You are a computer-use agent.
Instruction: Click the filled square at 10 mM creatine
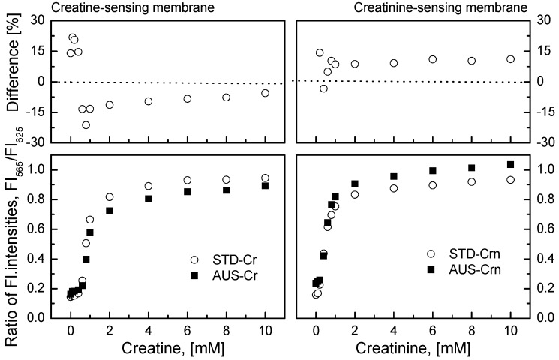[265, 186]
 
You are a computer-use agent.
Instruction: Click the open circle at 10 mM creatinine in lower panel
[510, 180]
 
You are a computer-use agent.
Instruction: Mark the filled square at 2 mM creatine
[110, 211]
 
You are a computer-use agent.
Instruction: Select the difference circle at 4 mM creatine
[149, 101]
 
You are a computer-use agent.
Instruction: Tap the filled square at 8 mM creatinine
[471, 168]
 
